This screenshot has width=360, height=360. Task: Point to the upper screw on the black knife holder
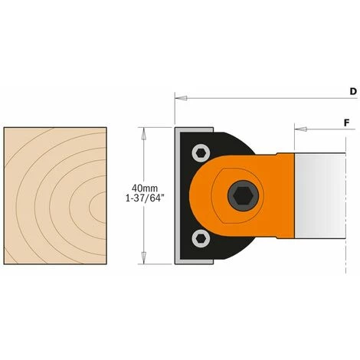[200, 151]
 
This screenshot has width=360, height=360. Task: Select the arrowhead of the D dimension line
[178, 98]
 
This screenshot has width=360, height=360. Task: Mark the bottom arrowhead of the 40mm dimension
[142, 259]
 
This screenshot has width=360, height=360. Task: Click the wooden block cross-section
[54, 195]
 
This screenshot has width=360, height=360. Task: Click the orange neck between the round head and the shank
[280, 195]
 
